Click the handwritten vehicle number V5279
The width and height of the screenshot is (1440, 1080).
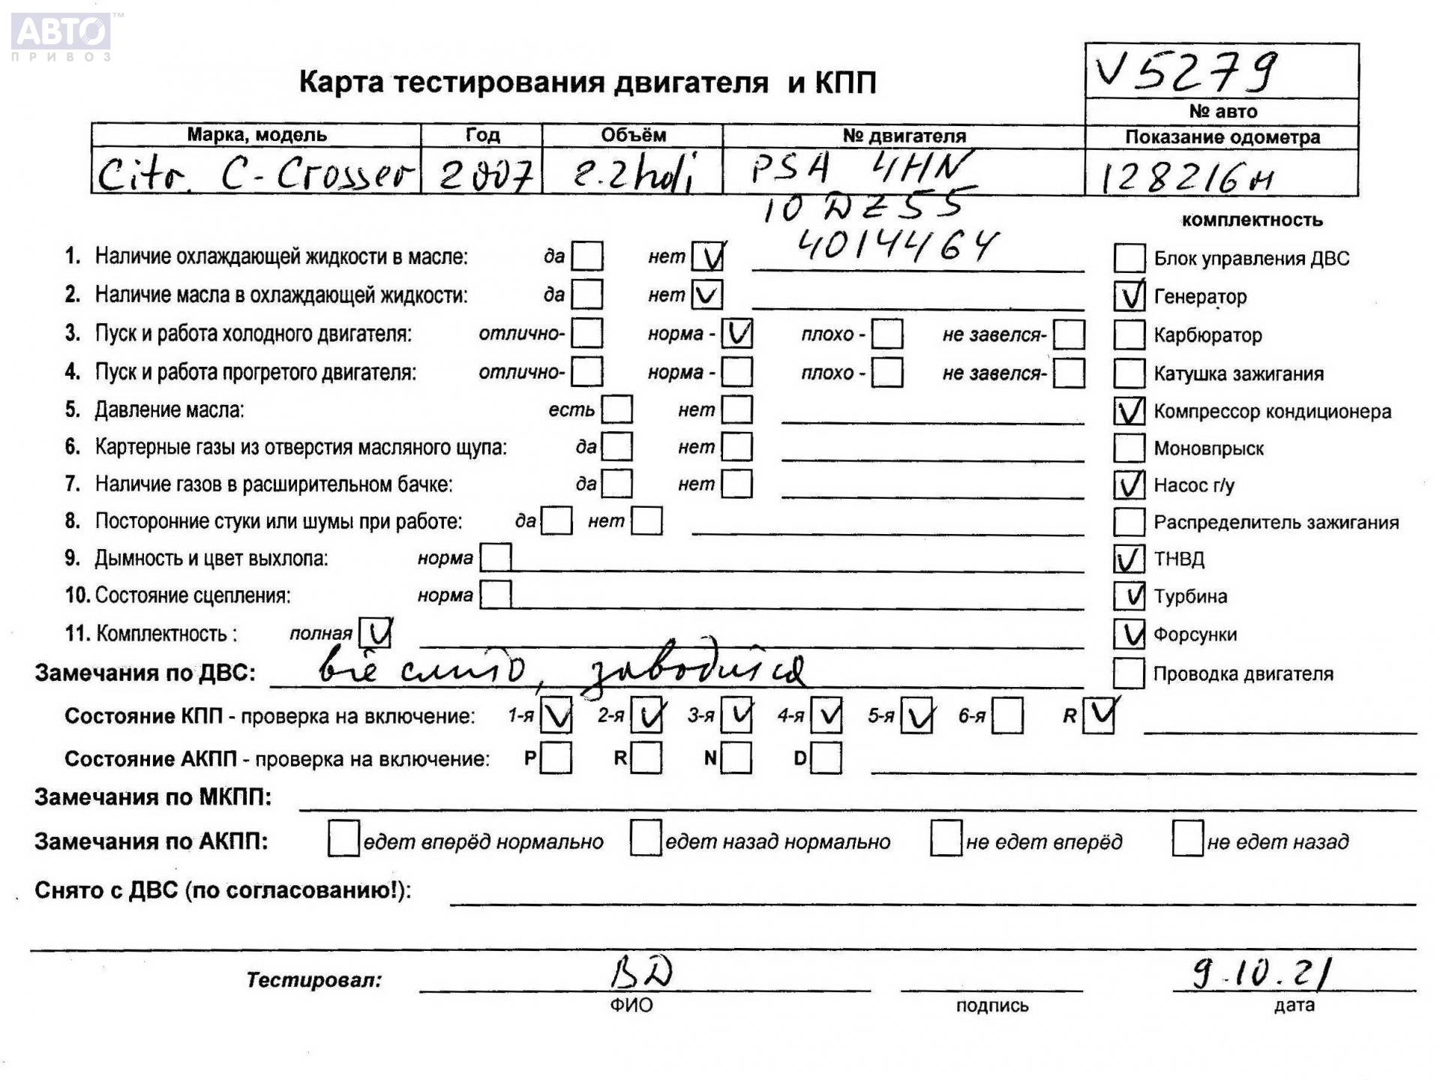(x=1185, y=72)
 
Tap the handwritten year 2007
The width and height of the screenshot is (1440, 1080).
(x=485, y=175)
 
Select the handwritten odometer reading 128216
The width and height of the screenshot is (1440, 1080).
(x=1185, y=178)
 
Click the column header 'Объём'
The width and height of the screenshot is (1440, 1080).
(x=633, y=135)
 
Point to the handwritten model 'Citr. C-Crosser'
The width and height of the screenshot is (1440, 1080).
(x=255, y=175)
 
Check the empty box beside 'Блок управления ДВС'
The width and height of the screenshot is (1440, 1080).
(x=1129, y=258)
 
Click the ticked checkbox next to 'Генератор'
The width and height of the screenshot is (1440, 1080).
(x=1129, y=296)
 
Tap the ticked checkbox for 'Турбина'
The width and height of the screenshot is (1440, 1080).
(x=1129, y=596)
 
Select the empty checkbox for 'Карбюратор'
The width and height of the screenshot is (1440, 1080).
(x=1129, y=334)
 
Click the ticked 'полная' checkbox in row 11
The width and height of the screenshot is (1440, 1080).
(x=375, y=633)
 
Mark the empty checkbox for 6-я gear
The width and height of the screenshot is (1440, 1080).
(x=1007, y=716)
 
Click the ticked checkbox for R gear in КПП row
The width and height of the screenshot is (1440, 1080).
(x=1099, y=715)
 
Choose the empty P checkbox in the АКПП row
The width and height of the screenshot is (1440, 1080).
(x=556, y=758)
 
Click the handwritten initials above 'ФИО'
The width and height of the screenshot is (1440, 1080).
(x=641, y=973)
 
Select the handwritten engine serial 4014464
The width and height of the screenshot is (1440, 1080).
(x=896, y=244)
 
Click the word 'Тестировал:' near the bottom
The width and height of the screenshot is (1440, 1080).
(x=313, y=979)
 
